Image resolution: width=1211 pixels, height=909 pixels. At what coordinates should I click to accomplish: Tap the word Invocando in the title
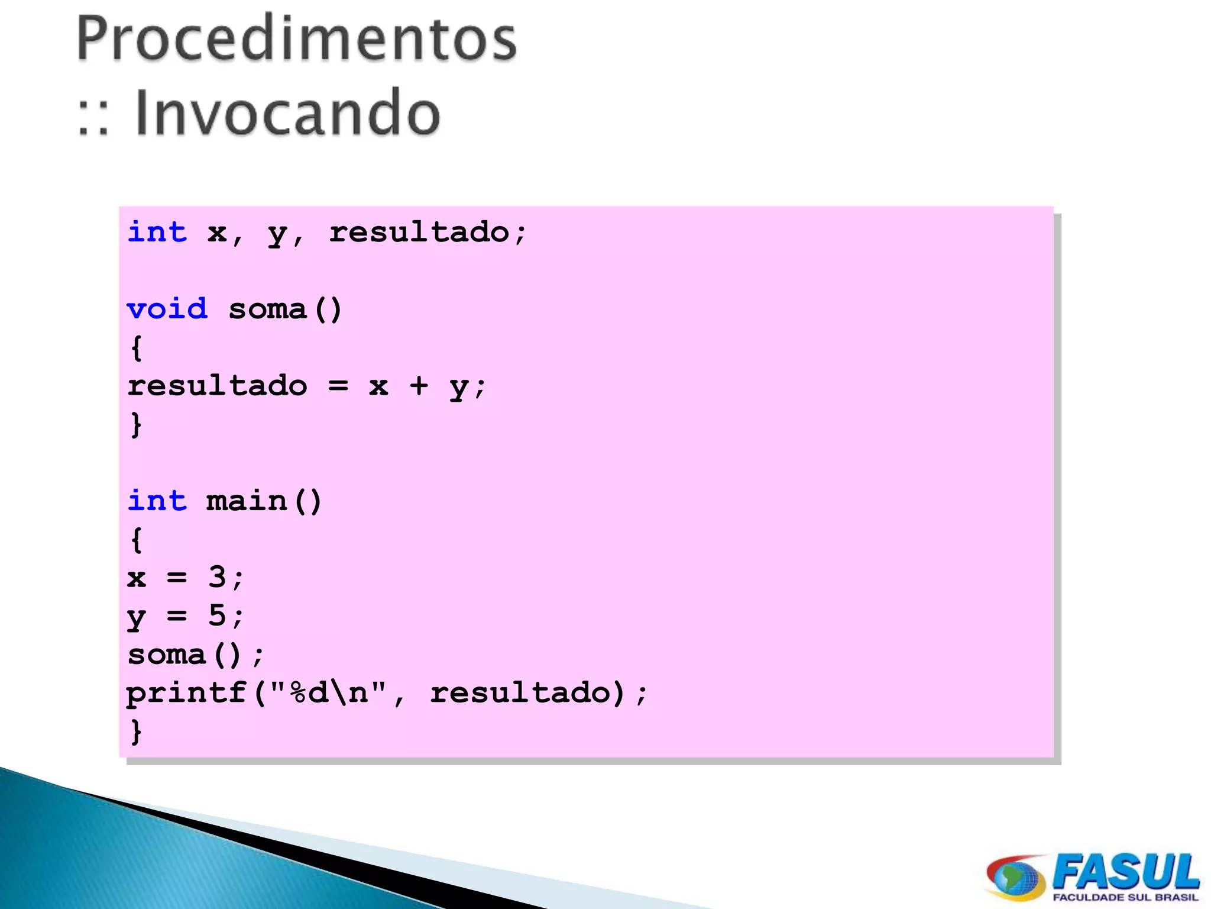(x=287, y=112)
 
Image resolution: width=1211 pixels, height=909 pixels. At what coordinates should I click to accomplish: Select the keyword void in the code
(x=167, y=309)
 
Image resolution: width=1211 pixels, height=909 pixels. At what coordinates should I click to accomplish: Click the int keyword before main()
(x=157, y=501)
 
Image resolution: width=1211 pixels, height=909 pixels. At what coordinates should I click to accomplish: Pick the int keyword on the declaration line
(x=157, y=232)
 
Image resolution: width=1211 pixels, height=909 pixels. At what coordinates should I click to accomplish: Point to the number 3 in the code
(x=217, y=576)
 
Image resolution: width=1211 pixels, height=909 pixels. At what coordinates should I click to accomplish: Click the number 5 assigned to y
(x=217, y=615)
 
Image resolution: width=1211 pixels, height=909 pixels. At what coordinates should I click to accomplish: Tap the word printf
(x=187, y=692)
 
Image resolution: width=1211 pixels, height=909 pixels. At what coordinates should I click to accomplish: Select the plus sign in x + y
(x=419, y=386)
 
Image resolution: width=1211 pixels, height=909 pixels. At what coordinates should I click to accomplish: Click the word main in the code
(x=247, y=501)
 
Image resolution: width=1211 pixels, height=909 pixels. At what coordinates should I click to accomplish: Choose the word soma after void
(x=268, y=309)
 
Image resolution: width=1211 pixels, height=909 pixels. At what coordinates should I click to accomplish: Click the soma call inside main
(x=167, y=654)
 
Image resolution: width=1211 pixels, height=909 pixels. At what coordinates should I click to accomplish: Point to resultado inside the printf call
(x=519, y=692)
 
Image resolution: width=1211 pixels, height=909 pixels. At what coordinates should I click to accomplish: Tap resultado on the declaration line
(x=419, y=232)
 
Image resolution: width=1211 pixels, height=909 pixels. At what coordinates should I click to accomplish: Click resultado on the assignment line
(x=218, y=386)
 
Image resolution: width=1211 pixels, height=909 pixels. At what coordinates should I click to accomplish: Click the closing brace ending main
(x=137, y=731)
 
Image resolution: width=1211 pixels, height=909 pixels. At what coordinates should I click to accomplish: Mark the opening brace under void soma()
(x=137, y=347)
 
